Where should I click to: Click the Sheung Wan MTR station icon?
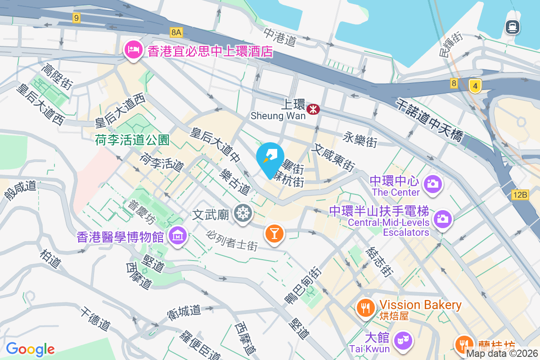coord(313,109)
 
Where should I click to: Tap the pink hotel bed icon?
coord(133,49)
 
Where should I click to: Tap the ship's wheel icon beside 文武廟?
coord(243,213)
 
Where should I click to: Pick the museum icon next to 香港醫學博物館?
coord(178,235)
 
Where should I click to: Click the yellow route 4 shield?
coord(475,85)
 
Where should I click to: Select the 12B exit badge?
coord(520,195)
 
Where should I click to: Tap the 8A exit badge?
coord(176,32)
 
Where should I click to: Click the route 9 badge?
coord(76,18)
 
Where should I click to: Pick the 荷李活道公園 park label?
coord(132,140)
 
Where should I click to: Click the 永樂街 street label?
coord(360,139)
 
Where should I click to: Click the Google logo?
coord(30,349)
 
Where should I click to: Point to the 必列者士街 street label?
coord(232,240)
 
